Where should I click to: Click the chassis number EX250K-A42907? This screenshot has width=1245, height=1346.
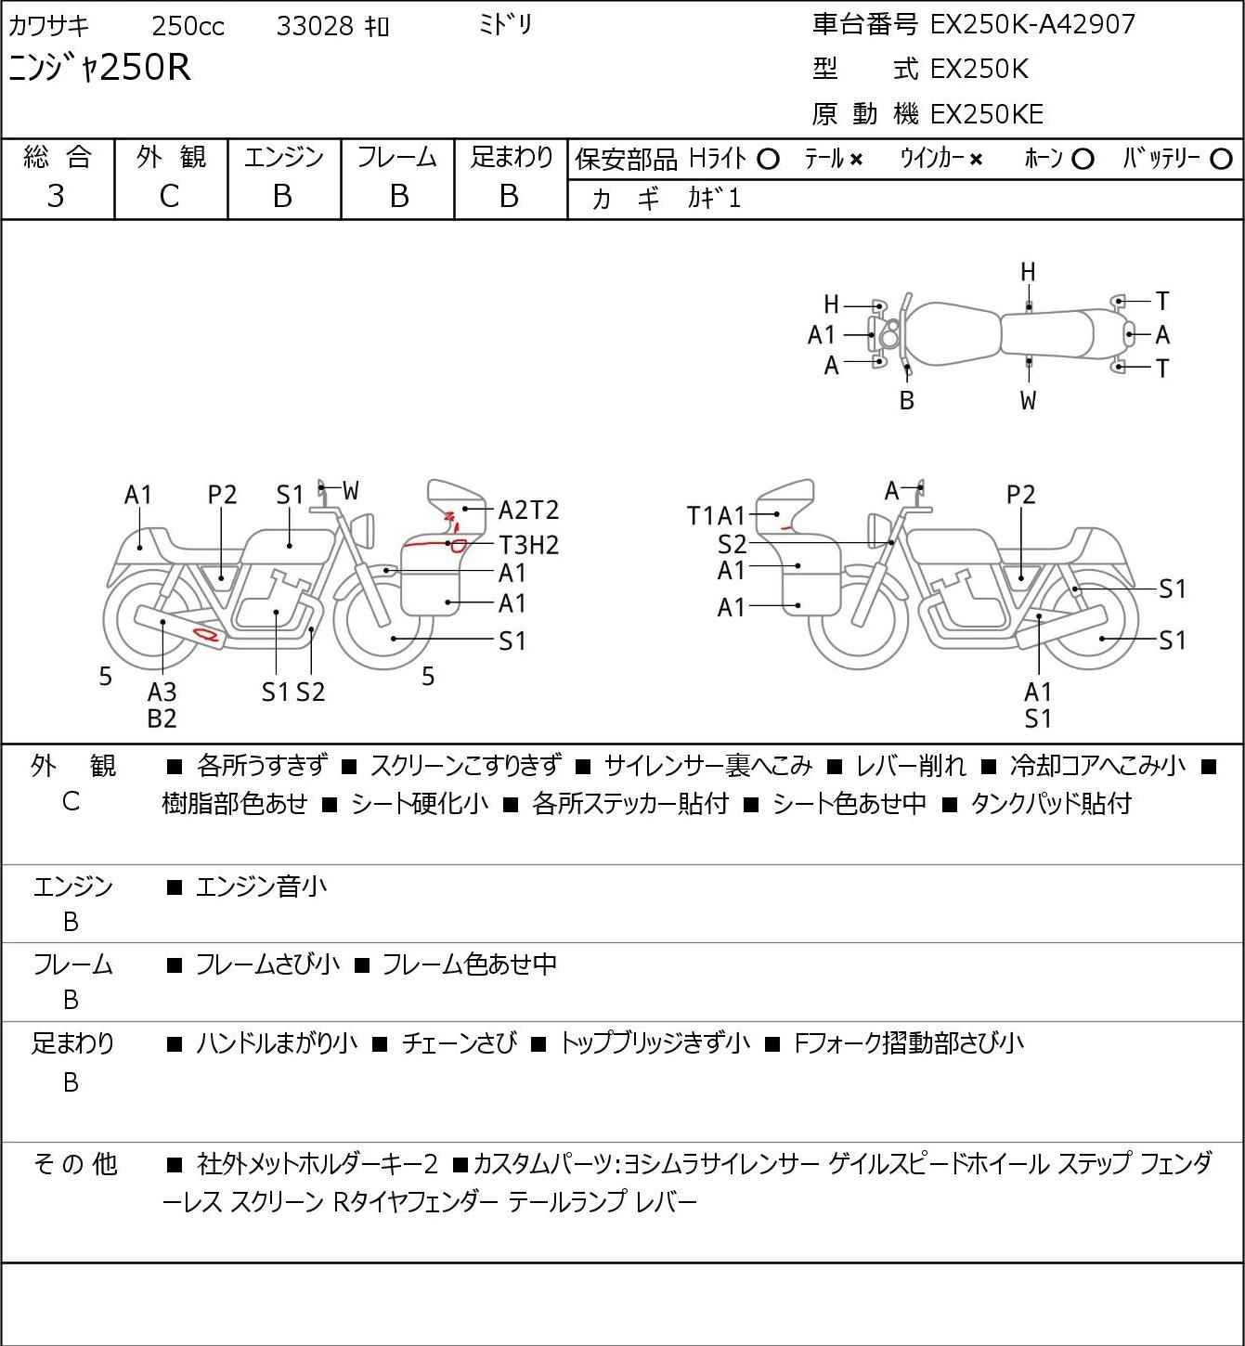tap(1032, 25)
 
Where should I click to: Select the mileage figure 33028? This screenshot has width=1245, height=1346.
tap(315, 26)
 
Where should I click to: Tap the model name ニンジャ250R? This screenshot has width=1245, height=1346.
tap(99, 67)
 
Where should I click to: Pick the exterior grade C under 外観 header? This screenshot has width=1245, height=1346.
tap(169, 197)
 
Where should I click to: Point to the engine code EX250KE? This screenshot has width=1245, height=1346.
tap(987, 114)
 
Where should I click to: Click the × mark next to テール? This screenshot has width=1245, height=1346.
tap(856, 160)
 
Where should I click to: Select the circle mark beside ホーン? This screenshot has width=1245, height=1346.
tap(1083, 160)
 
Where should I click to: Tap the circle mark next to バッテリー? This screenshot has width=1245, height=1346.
tap(1221, 160)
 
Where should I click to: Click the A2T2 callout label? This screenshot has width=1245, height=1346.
tap(528, 510)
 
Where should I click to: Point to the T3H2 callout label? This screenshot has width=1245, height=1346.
tap(528, 544)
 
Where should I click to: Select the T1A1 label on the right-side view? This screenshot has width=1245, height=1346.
tap(716, 516)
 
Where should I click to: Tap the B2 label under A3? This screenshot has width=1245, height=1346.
tap(162, 718)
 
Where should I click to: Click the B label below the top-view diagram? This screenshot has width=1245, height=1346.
tap(907, 400)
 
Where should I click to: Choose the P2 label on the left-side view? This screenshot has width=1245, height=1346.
tap(222, 495)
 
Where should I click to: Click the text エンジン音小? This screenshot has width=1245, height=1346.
tap(262, 887)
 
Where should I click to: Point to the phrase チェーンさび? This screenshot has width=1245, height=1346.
tap(459, 1043)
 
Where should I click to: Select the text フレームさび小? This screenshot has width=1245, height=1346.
tap(267, 964)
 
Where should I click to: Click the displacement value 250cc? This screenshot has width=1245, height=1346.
tap(188, 26)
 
